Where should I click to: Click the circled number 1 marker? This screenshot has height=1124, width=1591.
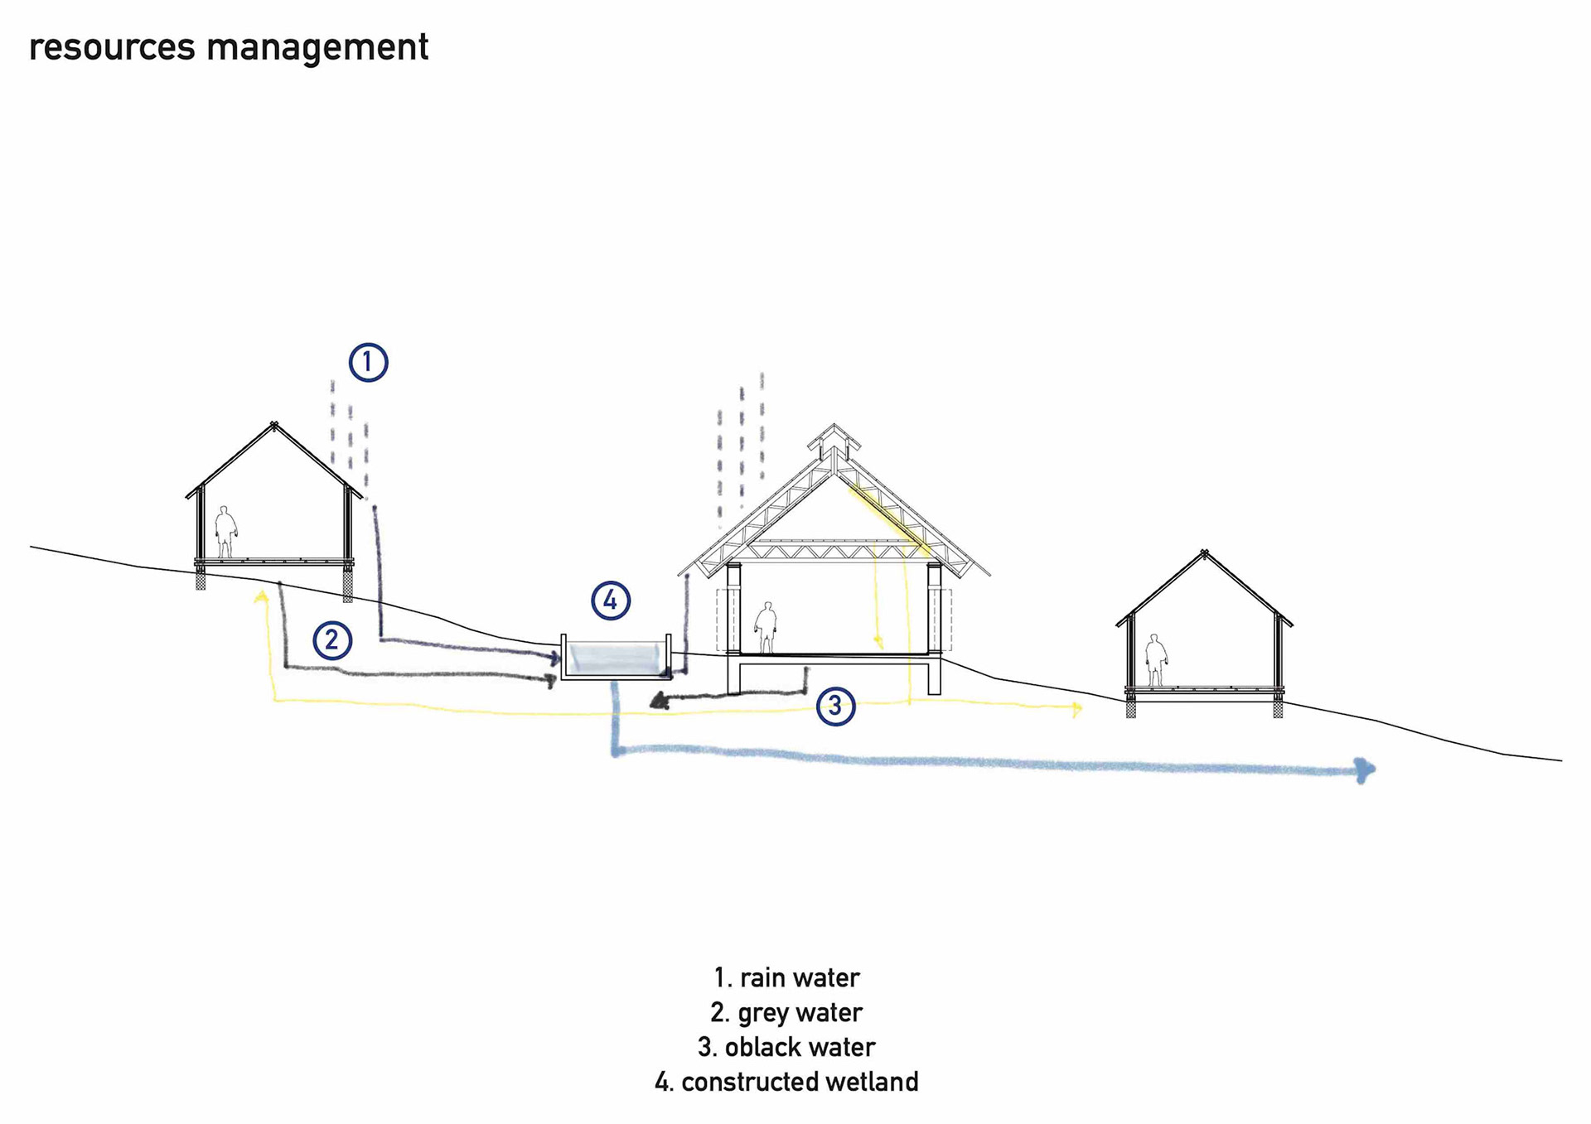tap(368, 362)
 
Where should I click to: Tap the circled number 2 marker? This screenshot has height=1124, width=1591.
tap(332, 640)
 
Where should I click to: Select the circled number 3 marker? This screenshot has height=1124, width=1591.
tap(835, 706)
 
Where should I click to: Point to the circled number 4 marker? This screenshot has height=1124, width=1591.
tap(611, 601)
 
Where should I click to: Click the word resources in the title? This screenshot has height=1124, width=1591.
tap(112, 47)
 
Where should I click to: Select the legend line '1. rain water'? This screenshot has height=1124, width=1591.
tap(786, 978)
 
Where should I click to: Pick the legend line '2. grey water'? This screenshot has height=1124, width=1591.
tap(786, 1013)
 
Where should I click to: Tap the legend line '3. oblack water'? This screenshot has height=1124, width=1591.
tap(786, 1048)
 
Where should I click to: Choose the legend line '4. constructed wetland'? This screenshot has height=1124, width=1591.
tap(786, 1083)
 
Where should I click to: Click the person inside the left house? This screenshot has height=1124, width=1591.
tap(225, 532)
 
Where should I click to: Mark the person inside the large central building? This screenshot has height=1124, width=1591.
tap(766, 628)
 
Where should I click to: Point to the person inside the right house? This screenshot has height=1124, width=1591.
tap(1156, 660)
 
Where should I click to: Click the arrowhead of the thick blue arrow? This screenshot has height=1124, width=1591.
tap(1366, 769)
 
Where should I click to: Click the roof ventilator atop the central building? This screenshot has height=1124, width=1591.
tap(834, 441)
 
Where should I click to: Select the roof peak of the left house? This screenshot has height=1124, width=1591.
tap(273, 426)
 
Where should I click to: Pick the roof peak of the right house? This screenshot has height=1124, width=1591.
tap(1204, 553)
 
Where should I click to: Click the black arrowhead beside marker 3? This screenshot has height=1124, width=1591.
tap(660, 702)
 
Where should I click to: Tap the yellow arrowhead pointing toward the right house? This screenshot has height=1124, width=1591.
tap(1077, 709)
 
